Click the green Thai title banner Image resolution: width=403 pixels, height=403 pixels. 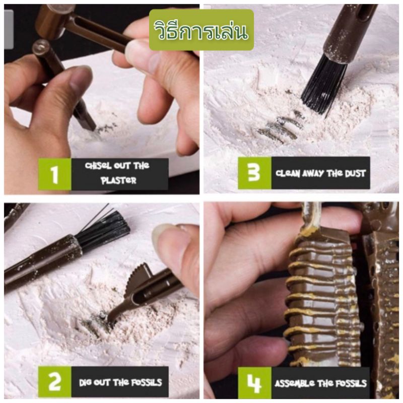(201, 30)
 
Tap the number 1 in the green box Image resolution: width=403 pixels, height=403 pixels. (54, 175)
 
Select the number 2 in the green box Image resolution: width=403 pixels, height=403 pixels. (54, 382)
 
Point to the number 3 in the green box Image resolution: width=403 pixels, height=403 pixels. (254, 173)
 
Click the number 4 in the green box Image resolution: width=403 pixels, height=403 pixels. (254, 383)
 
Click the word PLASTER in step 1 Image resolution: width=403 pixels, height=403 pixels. (118, 180)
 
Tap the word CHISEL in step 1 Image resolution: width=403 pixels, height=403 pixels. (98, 166)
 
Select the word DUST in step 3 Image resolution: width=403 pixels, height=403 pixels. (355, 173)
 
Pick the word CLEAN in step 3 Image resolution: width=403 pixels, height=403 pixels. (288, 173)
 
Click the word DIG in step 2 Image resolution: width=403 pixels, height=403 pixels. (86, 382)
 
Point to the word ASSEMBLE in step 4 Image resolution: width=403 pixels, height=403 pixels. (295, 383)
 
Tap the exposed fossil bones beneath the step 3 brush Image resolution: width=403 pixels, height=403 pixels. (280, 127)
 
